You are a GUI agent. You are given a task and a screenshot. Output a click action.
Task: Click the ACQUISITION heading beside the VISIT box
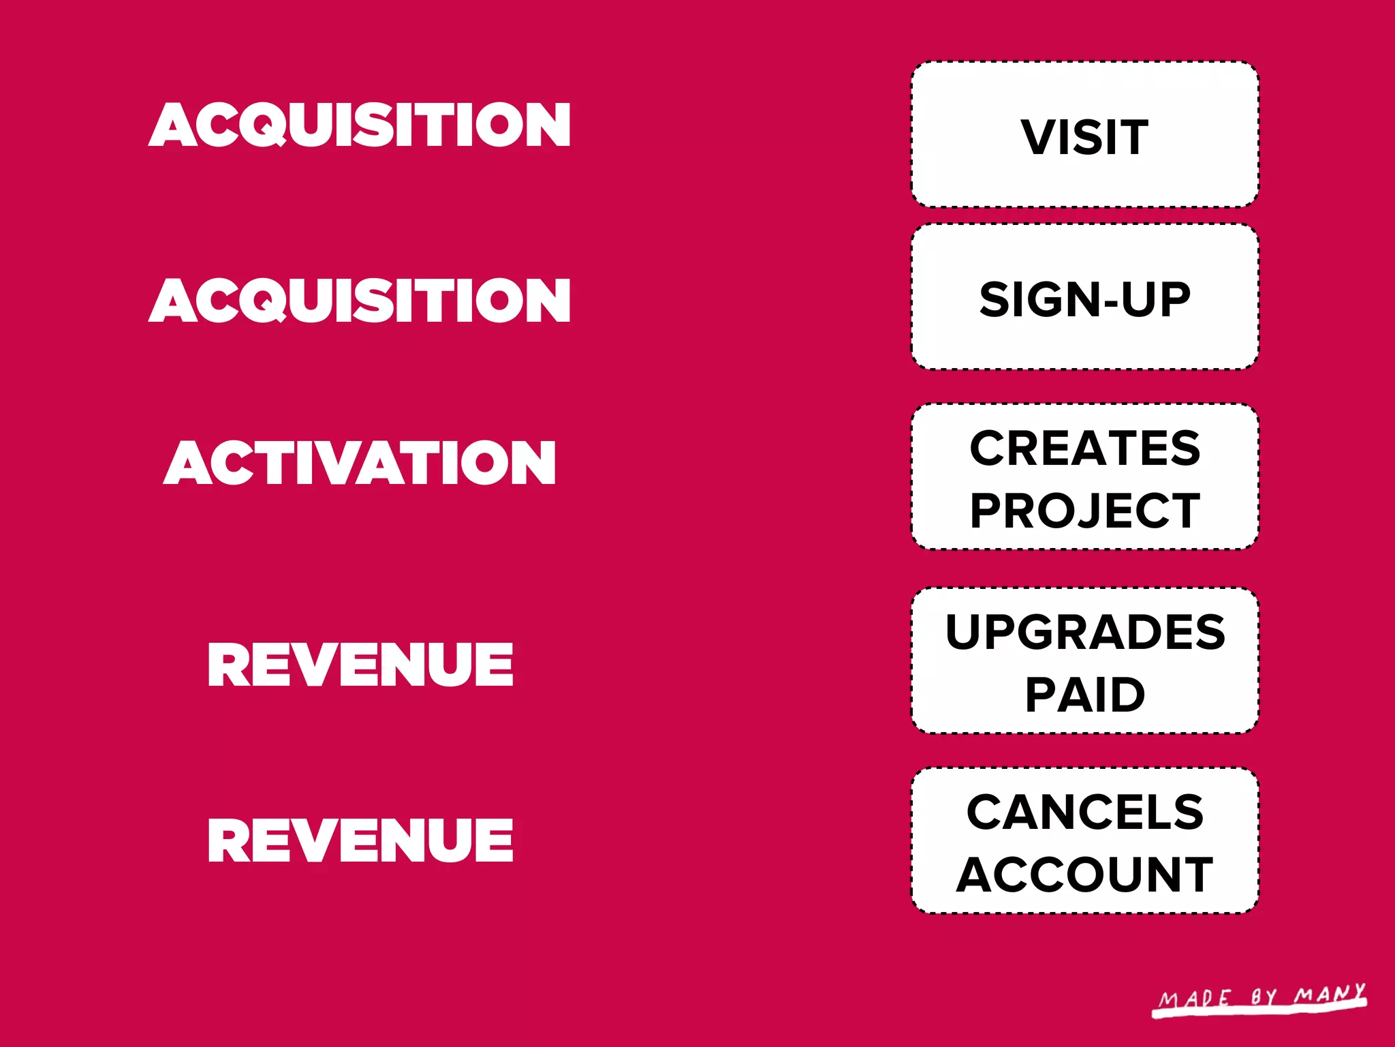[x=360, y=125]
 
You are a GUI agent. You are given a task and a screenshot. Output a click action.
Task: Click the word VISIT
[x=1084, y=137]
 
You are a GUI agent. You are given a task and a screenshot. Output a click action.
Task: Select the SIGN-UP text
[x=1084, y=299]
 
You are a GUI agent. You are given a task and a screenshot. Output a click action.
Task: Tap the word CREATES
[x=1084, y=448]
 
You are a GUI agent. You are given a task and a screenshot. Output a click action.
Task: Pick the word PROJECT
[x=1084, y=511]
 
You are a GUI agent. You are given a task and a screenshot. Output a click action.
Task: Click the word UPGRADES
[x=1085, y=632]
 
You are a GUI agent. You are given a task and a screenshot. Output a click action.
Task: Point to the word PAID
[x=1085, y=695]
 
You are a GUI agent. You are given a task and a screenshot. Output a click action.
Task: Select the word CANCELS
[x=1085, y=812]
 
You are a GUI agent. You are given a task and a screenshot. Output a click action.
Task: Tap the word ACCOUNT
[x=1084, y=875]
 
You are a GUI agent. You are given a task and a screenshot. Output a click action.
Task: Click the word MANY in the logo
[x=1330, y=994]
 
